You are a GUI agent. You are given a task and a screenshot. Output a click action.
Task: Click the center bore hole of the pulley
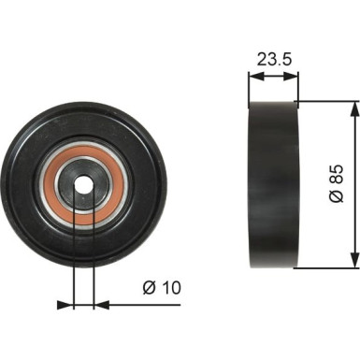tap(84, 183)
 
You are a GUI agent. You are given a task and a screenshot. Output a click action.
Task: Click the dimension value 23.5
tap(272, 57)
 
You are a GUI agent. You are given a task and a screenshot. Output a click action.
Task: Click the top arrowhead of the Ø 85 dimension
tap(353, 108)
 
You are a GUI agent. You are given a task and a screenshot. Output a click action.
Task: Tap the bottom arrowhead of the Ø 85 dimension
tap(353, 261)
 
